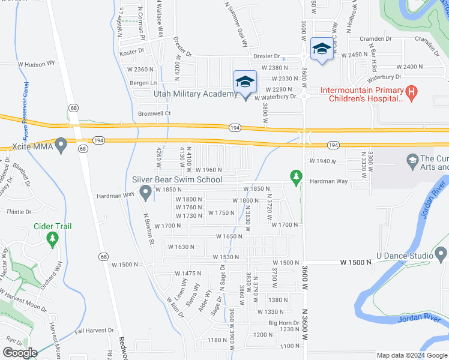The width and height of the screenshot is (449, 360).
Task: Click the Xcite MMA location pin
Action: click(x=60, y=145)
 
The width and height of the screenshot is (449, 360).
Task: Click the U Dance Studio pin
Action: click(x=441, y=256)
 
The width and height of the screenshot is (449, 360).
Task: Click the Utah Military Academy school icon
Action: click(x=245, y=82)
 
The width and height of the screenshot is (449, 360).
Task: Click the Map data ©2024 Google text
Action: click(x=412, y=355)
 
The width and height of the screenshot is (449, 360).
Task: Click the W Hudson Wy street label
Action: click(x=36, y=62)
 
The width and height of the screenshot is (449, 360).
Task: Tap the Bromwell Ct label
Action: click(x=155, y=113)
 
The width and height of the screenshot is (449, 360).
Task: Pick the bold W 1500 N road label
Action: click(x=360, y=263)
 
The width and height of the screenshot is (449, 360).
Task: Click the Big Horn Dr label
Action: click(x=280, y=323)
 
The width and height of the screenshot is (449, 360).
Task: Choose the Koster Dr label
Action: click(x=130, y=53)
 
